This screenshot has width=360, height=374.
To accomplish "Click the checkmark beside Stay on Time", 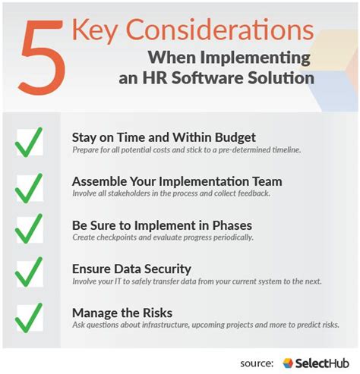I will tap(29, 142).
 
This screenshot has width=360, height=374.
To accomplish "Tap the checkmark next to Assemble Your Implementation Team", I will tap(29, 186).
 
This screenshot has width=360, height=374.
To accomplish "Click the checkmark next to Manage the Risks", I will tap(29, 316).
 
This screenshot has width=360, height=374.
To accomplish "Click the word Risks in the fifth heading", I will tap(156, 312).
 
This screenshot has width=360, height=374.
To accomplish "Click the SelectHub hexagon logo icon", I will tap(288, 362).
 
